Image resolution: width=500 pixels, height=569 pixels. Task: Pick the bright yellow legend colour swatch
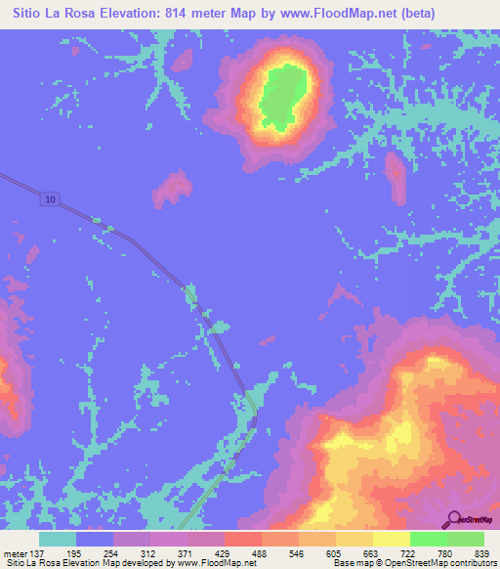(392, 539)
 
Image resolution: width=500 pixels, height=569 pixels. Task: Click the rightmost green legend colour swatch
(466, 539)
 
